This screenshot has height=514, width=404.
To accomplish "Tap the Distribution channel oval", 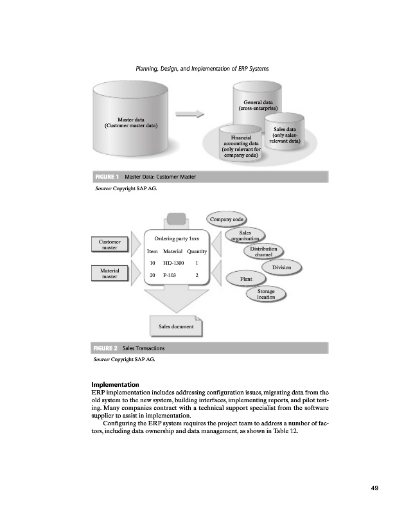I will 263,251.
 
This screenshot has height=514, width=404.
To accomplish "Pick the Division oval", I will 281,267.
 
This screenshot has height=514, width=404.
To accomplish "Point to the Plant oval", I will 245,279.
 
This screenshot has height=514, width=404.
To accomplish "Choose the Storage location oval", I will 266,294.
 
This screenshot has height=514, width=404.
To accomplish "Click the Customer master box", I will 110,245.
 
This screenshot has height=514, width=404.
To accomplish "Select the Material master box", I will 110,274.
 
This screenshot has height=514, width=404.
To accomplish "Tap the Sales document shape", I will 175,326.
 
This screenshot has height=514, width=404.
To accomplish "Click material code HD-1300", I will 173,263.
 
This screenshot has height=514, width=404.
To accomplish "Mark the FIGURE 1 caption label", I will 107,176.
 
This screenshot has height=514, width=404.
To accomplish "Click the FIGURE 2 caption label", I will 107,348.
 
